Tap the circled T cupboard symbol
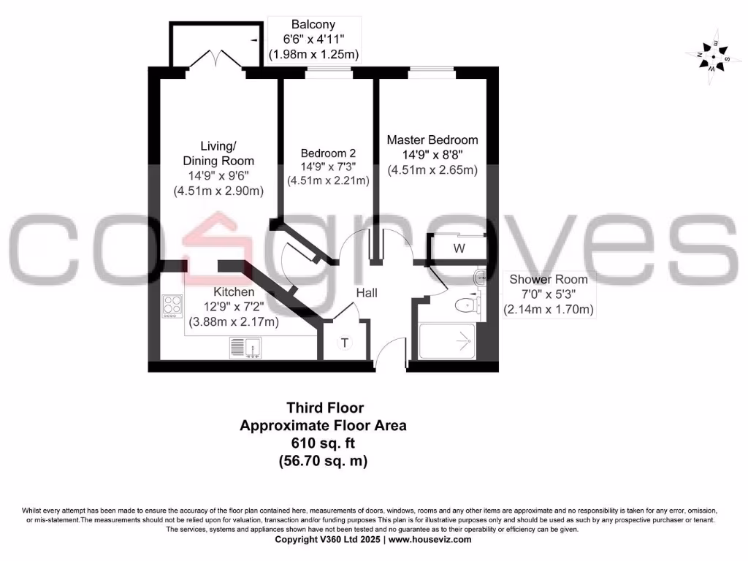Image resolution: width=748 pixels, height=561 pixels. pyautogui.click(x=346, y=343)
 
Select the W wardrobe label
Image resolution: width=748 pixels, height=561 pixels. pyautogui.click(x=459, y=248)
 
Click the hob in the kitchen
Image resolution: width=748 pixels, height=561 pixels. pyautogui.click(x=172, y=305)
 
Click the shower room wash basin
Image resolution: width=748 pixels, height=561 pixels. pyautogui.click(x=479, y=277)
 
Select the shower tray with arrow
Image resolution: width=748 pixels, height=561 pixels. pyautogui.click(x=446, y=340)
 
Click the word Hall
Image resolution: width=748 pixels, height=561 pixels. pyautogui.click(x=367, y=293)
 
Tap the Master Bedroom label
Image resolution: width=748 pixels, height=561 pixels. pyautogui.click(x=432, y=140)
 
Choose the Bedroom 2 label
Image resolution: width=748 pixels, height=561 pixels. pyautogui.click(x=328, y=153)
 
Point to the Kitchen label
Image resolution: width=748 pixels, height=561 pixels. pyautogui.click(x=234, y=291)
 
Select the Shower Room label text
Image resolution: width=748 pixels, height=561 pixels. pyautogui.click(x=548, y=279)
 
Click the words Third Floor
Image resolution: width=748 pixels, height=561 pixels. pyautogui.click(x=324, y=408)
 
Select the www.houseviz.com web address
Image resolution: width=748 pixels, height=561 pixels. pyautogui.click(x=430, y=540)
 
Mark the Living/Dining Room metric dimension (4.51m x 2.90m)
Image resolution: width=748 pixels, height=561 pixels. pyautogui.click(x=218, y=191)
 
